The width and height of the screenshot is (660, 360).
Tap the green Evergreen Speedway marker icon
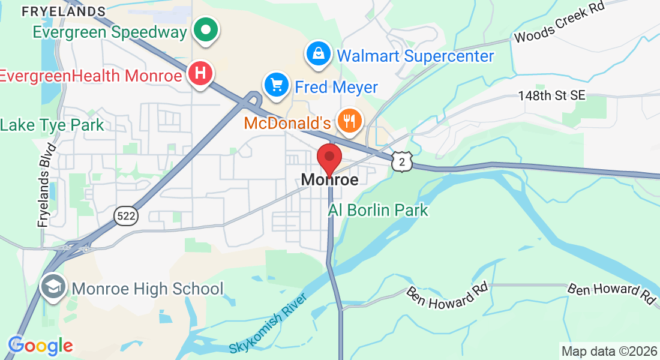206,29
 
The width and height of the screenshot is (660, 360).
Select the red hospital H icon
200,74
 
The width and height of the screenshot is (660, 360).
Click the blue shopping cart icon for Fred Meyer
277,85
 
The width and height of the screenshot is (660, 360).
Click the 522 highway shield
127,217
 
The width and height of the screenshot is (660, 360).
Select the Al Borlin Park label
378,210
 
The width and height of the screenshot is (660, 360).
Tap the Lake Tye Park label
52,125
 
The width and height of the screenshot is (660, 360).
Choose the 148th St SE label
551,96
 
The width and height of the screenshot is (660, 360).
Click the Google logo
40,345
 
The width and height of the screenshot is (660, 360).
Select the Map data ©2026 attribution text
609,351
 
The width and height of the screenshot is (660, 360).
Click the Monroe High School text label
148,289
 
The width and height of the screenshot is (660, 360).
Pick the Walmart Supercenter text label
415,56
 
